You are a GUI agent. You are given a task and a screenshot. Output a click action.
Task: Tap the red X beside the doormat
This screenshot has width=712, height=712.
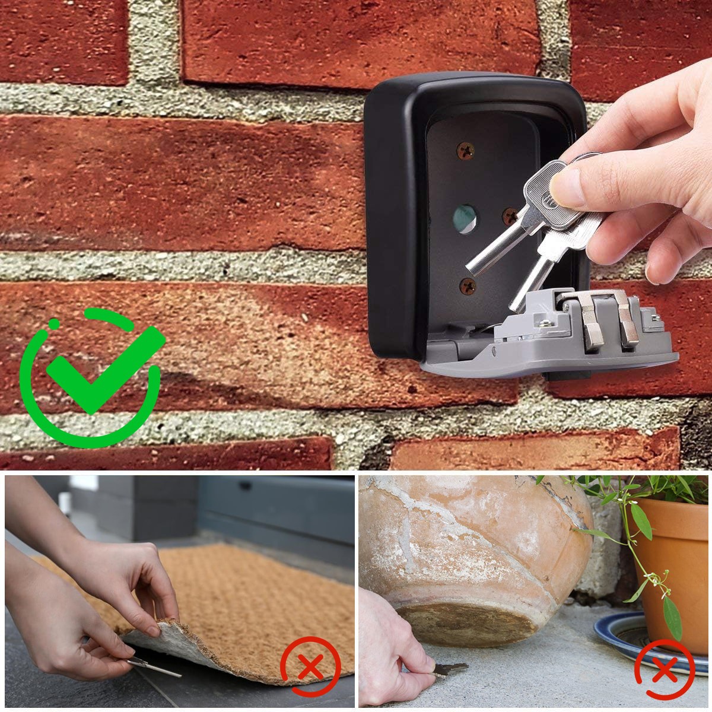tap(310, 666)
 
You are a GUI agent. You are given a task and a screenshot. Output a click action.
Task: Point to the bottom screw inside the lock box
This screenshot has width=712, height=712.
tap(468, 287)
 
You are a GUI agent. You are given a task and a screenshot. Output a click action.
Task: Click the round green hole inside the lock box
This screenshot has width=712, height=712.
tap(465, 219)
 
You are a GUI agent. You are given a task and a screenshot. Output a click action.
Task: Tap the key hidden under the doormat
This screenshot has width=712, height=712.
tap(155, 667)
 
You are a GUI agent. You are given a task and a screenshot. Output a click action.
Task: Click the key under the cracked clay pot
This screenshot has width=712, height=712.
tap(447, 669)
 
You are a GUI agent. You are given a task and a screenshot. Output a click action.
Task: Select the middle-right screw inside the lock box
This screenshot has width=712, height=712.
tap(510, 215)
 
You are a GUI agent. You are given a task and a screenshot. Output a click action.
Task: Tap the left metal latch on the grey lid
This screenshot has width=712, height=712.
tap(590, 326)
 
